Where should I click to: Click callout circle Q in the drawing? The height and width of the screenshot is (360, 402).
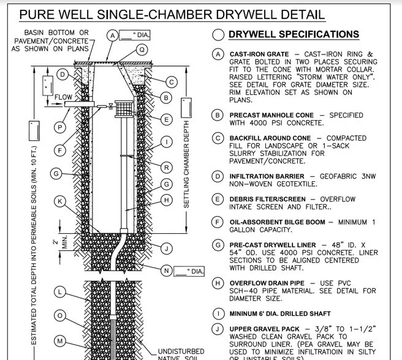pyautogui.click(x=142, y=50)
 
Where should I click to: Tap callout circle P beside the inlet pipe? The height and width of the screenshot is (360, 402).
pyautogui.click(x=59, y=127)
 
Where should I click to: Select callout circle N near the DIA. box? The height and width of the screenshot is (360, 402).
pyautogui.click(x=165, y=271)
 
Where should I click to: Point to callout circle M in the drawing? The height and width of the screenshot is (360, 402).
pyautogui.click(x=59, y=340)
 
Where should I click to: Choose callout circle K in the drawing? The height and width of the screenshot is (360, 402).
pyautogui.click(x=59, y=201)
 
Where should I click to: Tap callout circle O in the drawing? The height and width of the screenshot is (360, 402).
pyautogui.click(x=59, y=315)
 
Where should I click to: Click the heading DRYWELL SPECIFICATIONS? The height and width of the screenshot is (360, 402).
pyautogui.click(x=294, y=34)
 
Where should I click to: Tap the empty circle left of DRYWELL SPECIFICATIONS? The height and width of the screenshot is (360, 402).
pyautogui.click(x=218, y=35)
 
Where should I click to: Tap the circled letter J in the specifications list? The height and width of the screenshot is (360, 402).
pyautogui.click(x=218, y=329)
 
